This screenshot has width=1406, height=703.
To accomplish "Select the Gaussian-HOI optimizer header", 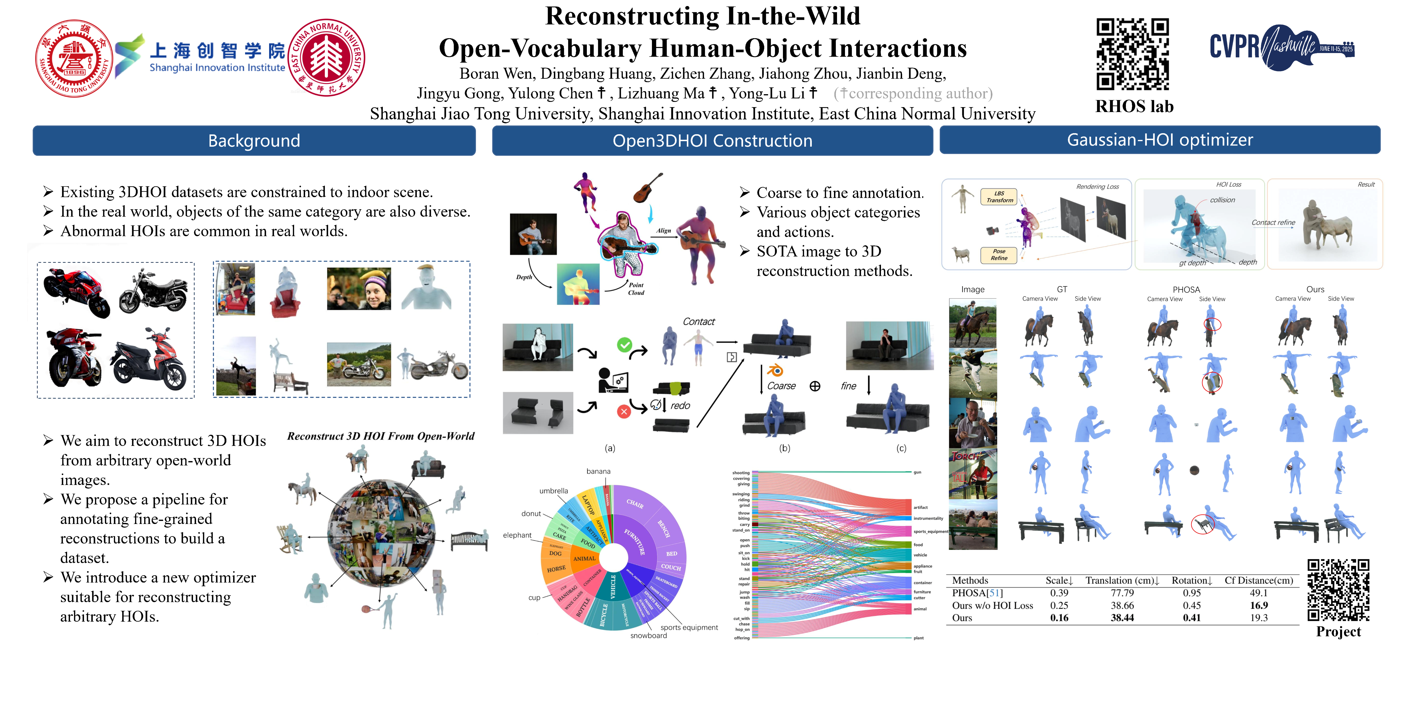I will (1160, 140).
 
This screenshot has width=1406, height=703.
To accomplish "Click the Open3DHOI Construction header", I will (712, 141).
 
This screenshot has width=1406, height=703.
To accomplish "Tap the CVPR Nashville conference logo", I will (1282, 48).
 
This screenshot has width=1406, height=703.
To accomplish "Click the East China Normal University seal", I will (327, 58).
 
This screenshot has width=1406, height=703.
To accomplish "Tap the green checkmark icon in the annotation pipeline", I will (624, 344).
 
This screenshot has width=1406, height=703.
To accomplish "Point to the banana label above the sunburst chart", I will (598, 471).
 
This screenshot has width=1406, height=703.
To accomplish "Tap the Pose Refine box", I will (999, 255).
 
